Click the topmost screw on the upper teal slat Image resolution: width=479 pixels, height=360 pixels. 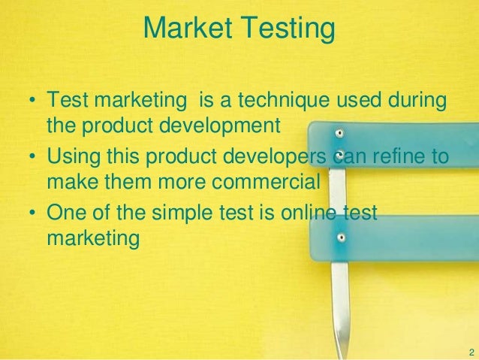click(339, 133)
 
